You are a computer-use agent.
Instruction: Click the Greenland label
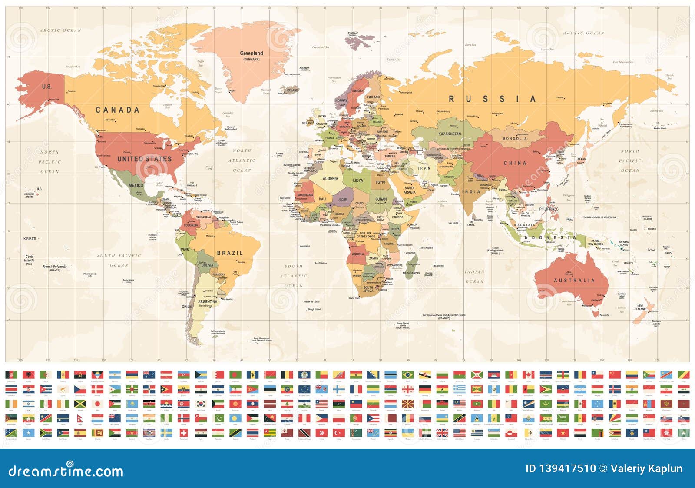252,53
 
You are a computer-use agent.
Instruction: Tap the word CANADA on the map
117,110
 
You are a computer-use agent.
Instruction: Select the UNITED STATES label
144,159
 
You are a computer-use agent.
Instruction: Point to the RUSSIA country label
492,99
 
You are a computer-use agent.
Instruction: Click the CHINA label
515,163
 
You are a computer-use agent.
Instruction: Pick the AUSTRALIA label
574,281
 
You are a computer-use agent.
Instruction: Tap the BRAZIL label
230,253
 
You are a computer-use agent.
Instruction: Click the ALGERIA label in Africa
330,179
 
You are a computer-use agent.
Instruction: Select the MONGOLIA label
515,139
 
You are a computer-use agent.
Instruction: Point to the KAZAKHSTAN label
450,134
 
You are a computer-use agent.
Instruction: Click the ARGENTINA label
208,301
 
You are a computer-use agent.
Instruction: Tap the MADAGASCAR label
411,273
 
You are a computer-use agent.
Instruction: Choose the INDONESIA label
549,237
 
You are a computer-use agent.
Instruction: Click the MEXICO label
136,185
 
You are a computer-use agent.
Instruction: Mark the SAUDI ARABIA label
409,190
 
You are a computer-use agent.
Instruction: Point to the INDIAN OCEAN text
474,277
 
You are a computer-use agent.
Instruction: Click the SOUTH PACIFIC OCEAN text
119,260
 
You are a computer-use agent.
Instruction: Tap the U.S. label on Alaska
46,87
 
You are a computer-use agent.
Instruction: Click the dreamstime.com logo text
66,471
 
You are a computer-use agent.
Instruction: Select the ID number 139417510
560,468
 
